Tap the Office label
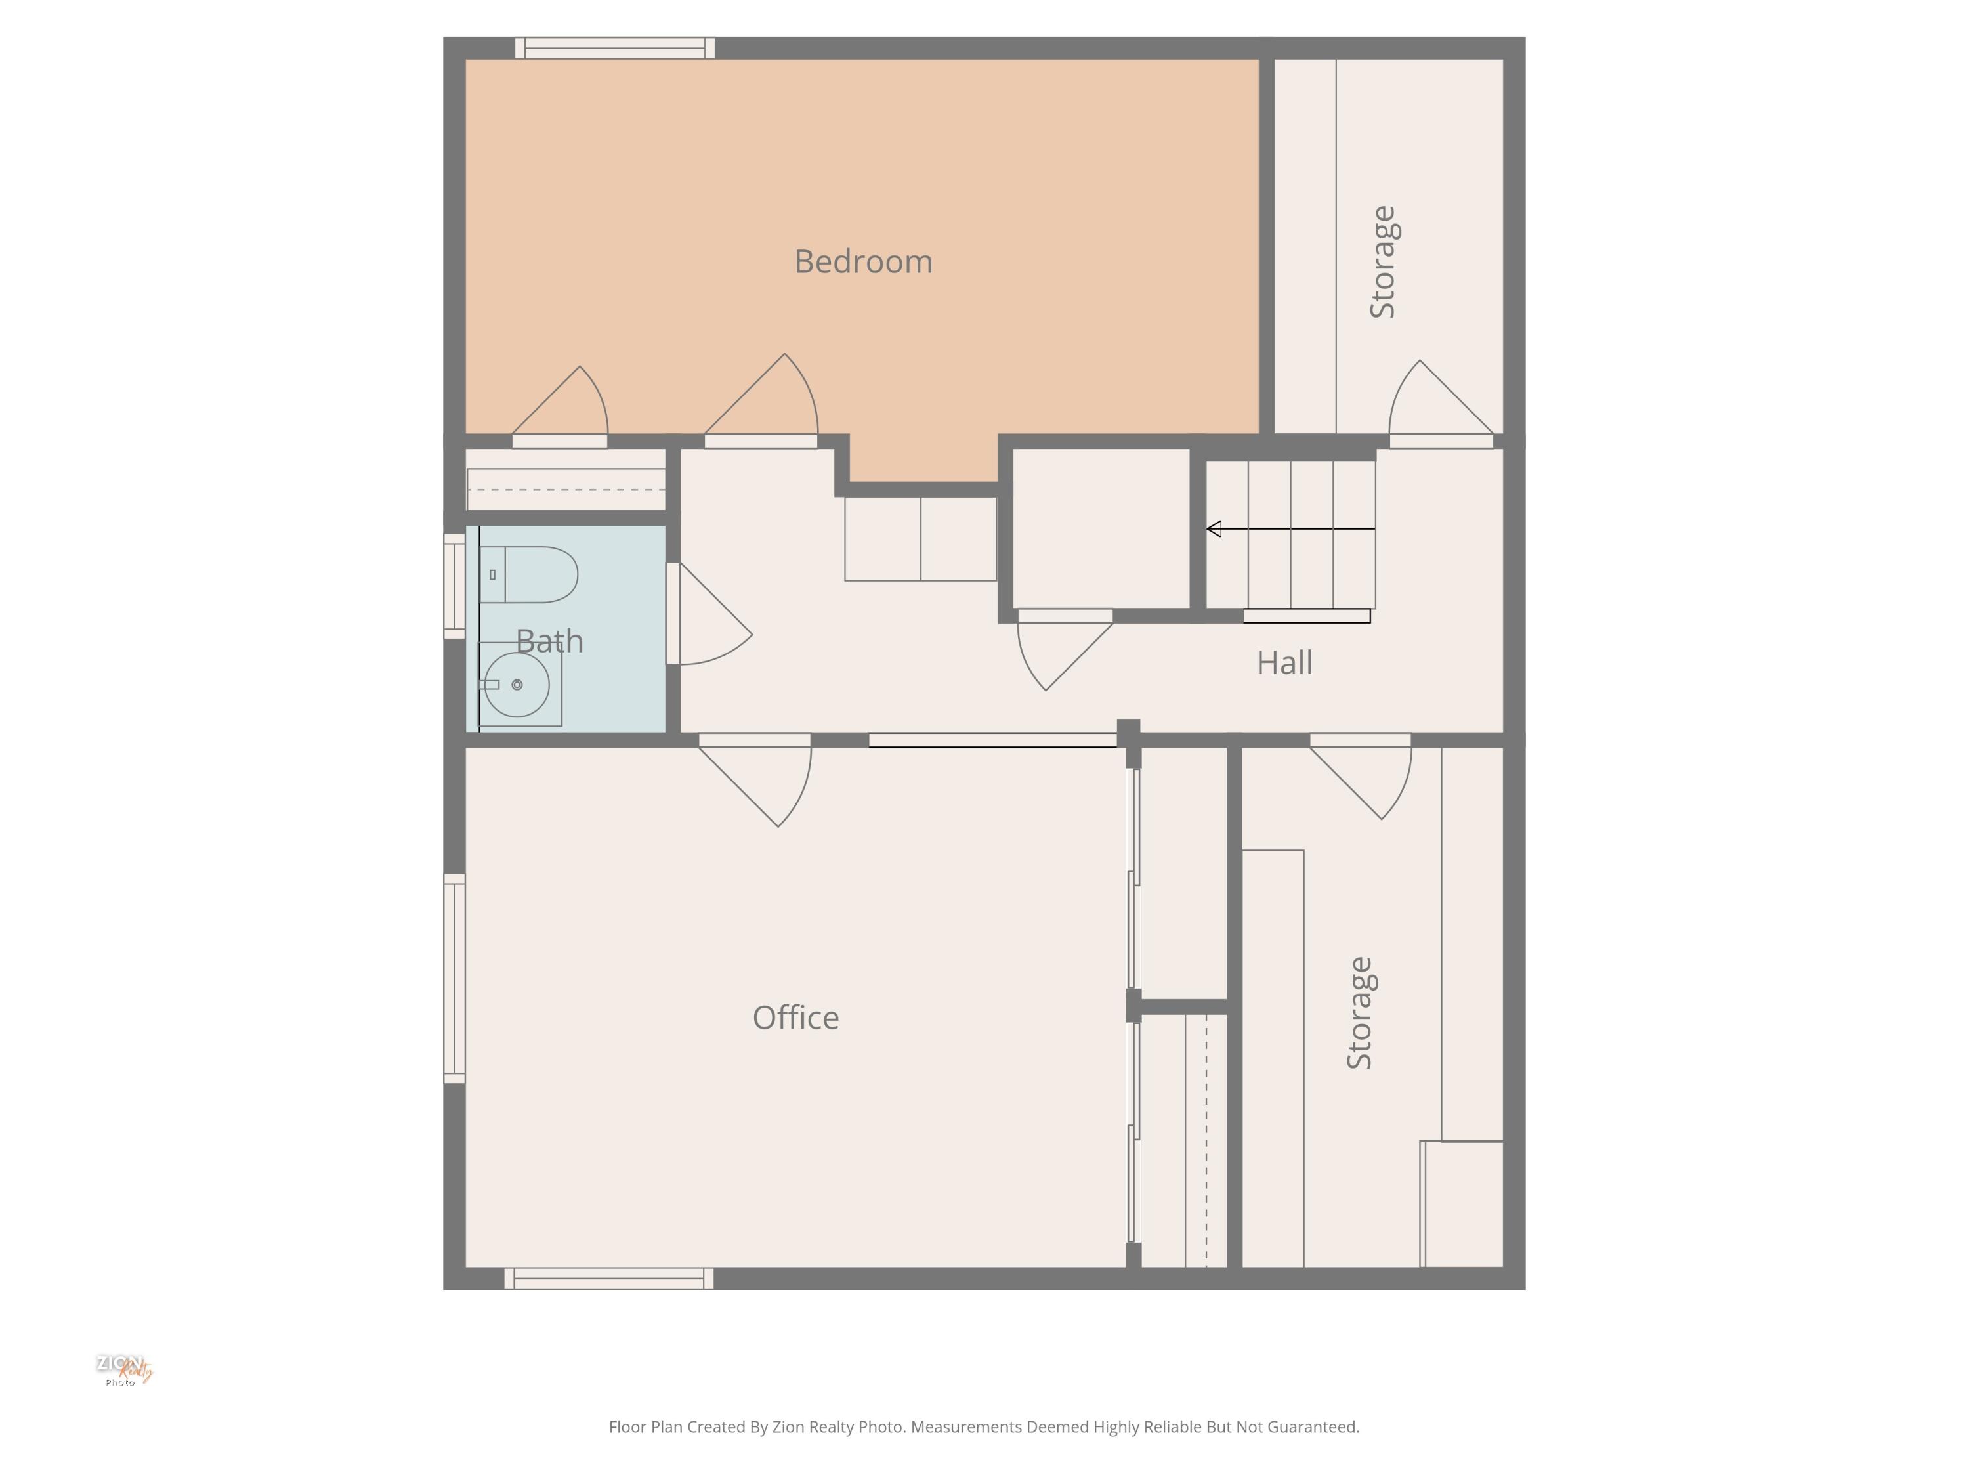(x=795, y=1017)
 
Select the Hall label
(x=1284, y=662)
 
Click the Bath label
(x=549, y=641)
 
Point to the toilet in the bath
(x=530, y=574)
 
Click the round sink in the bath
(x=517, y=685)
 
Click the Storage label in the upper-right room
(x=1382, y=262)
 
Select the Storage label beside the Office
(x=1359, y=1012)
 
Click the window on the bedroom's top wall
(x=614, y=48)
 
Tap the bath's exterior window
(x=454, y=586)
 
